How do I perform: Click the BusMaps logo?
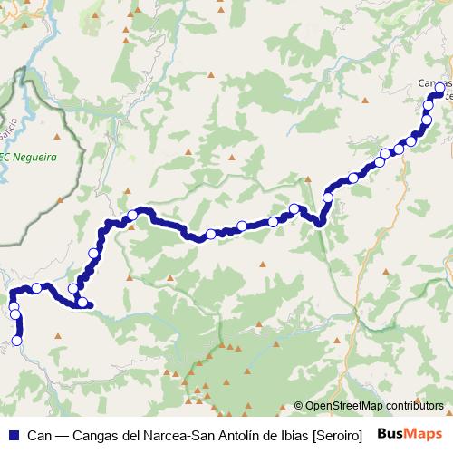(411, 434)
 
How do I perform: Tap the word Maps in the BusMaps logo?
(426, 434)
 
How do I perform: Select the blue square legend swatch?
(14, 435)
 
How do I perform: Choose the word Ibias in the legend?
(288, 435)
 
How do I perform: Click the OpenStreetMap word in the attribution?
(343, 406)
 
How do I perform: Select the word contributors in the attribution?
(414, 406)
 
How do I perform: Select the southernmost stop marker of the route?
(16, 341)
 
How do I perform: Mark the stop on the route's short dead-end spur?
(82, 303)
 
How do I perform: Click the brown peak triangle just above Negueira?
(57, 137)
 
